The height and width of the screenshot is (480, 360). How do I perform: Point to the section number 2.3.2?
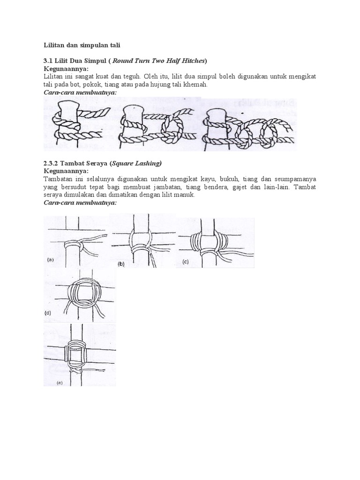coord(52,163)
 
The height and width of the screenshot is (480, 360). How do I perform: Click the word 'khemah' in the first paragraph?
coord(195,84)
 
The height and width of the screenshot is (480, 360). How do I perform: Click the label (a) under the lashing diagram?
coord(50,259)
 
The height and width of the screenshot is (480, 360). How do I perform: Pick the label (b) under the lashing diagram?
coord(120,264)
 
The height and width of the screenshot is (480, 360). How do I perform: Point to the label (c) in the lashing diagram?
coord(186,262)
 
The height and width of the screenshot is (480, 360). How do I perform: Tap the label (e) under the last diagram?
coord(60,383)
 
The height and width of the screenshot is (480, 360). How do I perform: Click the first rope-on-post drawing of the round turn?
coord(73,124)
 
